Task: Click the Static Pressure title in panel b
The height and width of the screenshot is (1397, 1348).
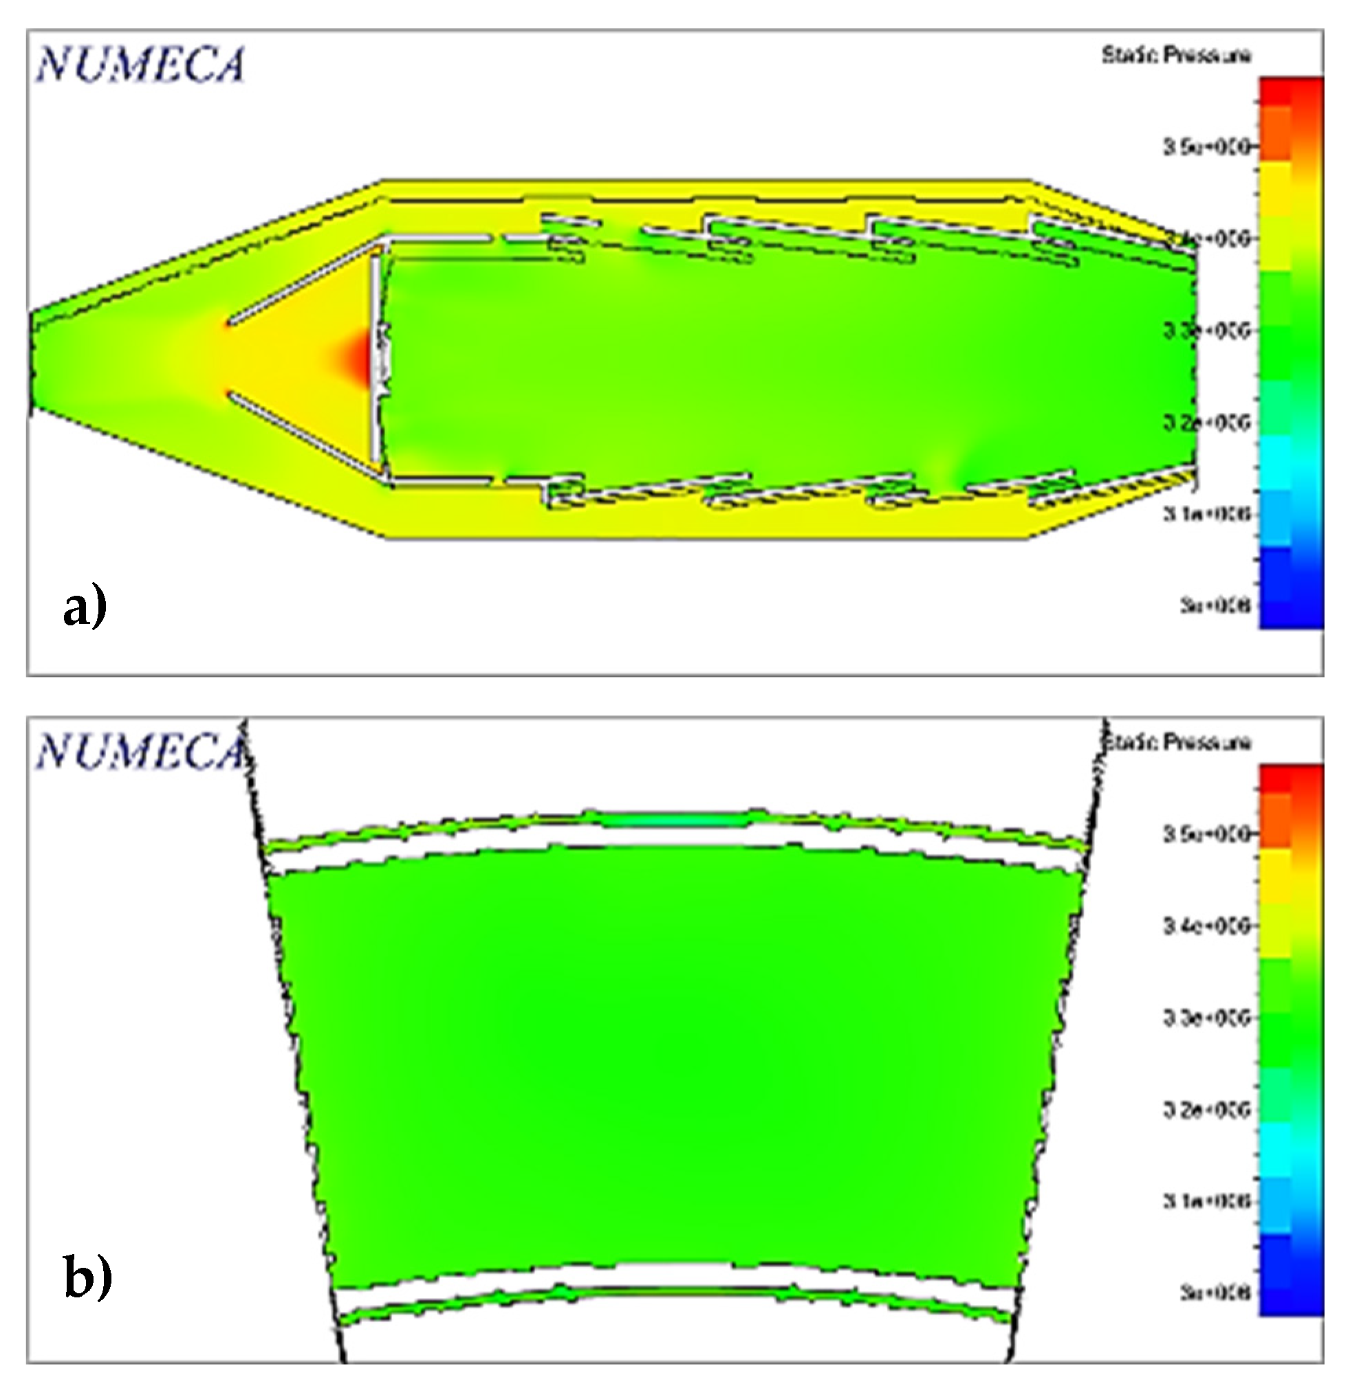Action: pyautogui.click(x=1177, y=742)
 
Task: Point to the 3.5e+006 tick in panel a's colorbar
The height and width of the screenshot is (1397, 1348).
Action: pyautogui.click(x=1207, y=147)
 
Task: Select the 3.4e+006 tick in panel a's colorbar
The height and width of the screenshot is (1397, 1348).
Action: pyautogui.click(x=1207, y=238)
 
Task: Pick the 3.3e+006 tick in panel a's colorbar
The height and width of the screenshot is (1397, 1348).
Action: pyautogui.click(x=1207, y=330)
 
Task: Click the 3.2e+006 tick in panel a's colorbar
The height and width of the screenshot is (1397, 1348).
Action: pyautogui.click(x=1207, y=422)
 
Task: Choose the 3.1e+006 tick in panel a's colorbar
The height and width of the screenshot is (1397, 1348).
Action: pyautogui.click(x=1207, y=513)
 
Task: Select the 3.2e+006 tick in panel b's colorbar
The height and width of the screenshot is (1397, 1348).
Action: pyautogui.click(x=1207, y=1109)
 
